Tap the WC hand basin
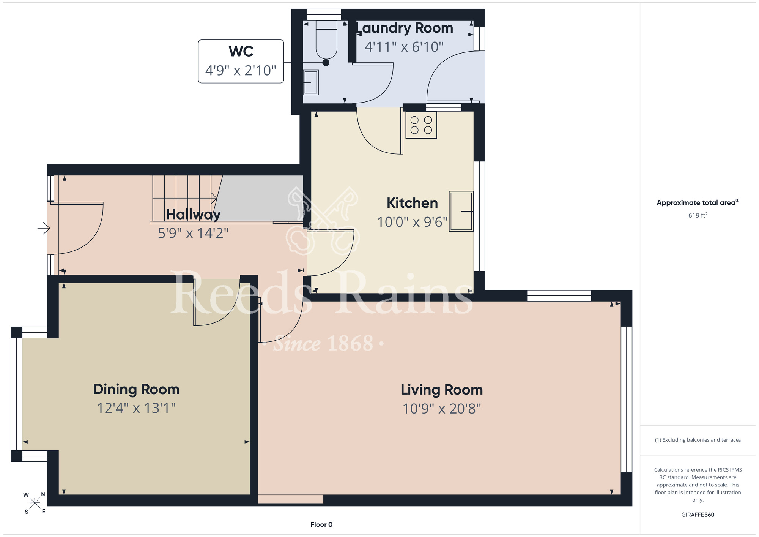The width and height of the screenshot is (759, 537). click(x=311, y=82)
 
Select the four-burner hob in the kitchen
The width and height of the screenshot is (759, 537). click(x=421, y=125)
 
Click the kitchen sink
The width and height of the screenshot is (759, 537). click(x=461, y=211)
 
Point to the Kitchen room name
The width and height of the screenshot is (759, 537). click(x=412, y=203)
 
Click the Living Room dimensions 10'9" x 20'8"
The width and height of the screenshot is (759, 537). click(x=442, y=409)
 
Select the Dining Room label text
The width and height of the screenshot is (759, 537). click(x=136, y=390)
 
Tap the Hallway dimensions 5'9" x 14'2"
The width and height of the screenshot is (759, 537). click(x=193, y=233)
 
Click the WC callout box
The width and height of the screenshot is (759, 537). click(x=241, y=62)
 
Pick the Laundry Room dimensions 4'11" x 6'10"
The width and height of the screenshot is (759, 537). click(x=404, y=47)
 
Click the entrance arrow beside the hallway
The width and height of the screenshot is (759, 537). click(x=44, y=228)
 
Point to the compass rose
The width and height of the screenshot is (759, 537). click(x=35, y=503)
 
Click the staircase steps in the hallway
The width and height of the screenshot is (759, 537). click(x=184, y=198)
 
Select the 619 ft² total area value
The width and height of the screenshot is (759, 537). click(x=698, y=215)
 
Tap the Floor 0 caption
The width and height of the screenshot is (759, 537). click(x=321, y=524)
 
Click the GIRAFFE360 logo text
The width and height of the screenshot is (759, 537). click(x=698, y=515)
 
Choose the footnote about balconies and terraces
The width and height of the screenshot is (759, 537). click(x=698, y=440)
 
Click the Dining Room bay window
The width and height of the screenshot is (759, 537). click(x=17, y=394)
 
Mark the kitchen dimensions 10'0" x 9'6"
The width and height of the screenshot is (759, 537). click(x=413, y=222)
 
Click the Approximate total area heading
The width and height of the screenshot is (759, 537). click(x=698, y=202)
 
